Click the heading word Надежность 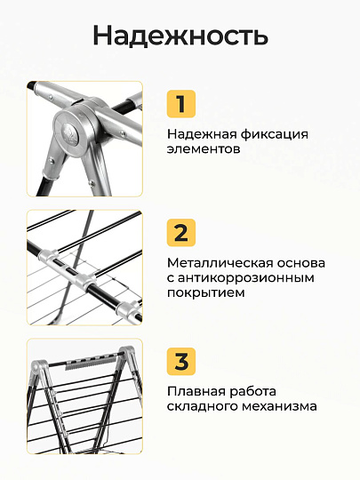tap(180, 36)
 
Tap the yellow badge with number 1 tap(181, 104)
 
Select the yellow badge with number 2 tap(181, 233)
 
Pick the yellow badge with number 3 tap(181, 361)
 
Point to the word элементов tap(204, 149)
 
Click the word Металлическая tap(220, 263)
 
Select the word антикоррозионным tap(246, 278)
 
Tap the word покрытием tap(205, 293)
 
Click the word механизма tap(279, 406)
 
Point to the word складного tap(203, 407)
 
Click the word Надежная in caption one tap(202, 135)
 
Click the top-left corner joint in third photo tap(38, 368)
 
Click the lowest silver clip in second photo tap(129, 310)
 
